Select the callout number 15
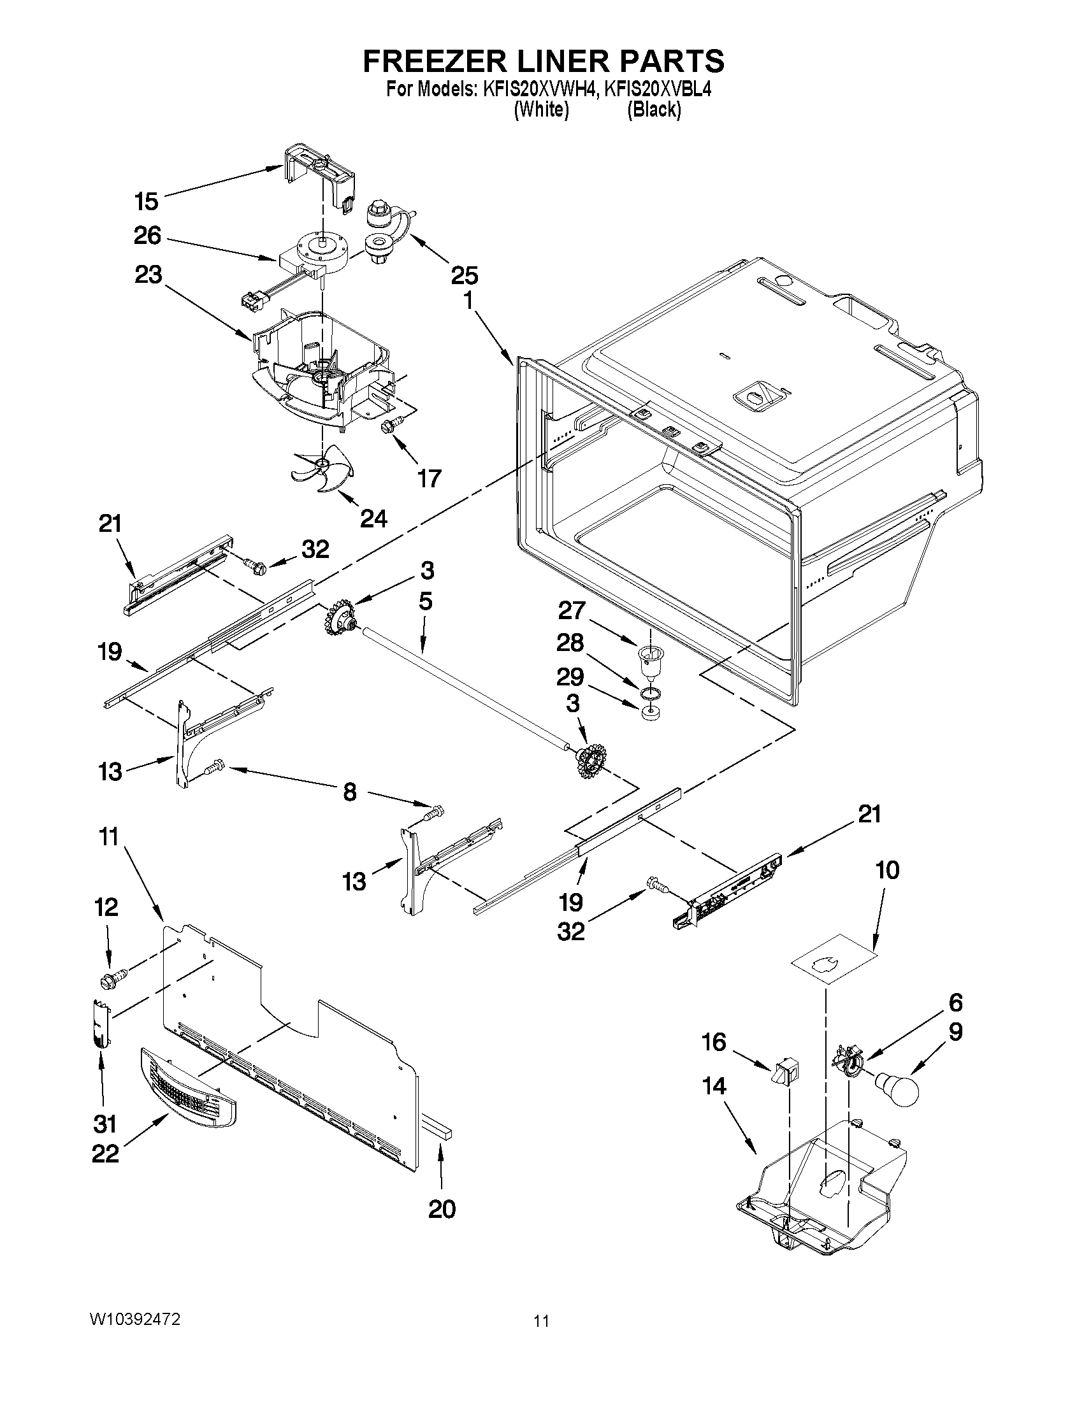click(x=147, y=201)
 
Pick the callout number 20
click(x=442, y=1210)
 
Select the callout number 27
click(x=571, y=610)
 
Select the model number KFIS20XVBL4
click(x=658, y=89)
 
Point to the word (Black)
click(x=654, y=110)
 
